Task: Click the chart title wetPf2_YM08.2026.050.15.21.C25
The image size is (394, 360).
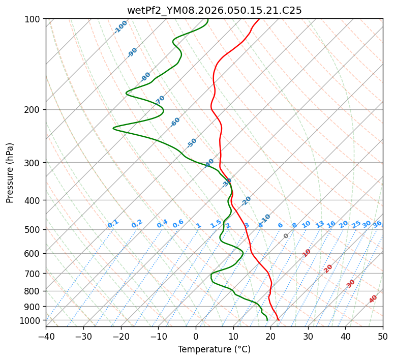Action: point(214,10)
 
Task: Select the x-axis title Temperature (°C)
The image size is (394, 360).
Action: point(214,349)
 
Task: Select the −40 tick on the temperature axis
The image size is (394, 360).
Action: point(46,337)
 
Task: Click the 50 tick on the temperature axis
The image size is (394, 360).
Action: point(383,337)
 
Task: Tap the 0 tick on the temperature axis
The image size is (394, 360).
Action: point(196,337)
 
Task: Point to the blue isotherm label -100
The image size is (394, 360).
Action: point(120,27)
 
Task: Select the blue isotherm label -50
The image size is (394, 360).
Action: point(192,143)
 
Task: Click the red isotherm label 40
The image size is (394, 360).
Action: point(373,299)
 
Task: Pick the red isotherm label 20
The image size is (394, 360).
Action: point(328,268)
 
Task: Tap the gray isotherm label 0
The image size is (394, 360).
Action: point(286,236)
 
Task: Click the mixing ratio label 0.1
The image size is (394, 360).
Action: point(113,223)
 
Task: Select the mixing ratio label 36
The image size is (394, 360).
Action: point(377,224)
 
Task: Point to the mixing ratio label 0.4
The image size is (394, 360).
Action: point(162,224)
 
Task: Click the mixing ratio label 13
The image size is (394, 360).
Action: point(320,224)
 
